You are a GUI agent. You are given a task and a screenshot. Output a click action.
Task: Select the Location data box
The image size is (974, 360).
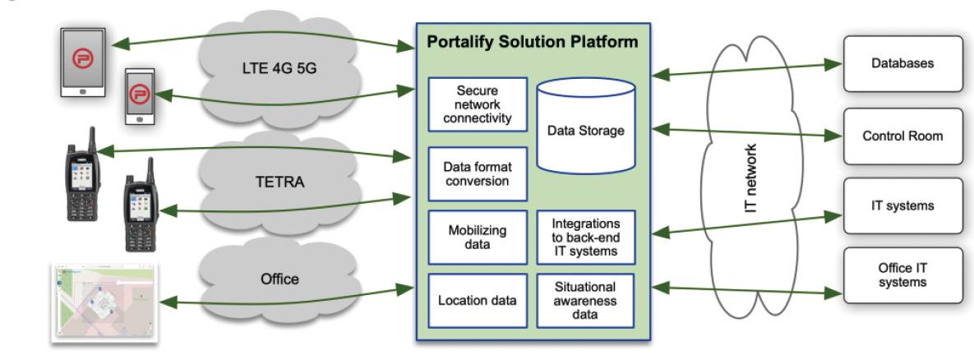tap(476, 300)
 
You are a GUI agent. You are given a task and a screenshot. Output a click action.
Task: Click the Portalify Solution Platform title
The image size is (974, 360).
tap(533, 42)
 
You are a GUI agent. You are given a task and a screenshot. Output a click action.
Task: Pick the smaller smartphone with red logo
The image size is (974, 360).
tap(142, 95)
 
